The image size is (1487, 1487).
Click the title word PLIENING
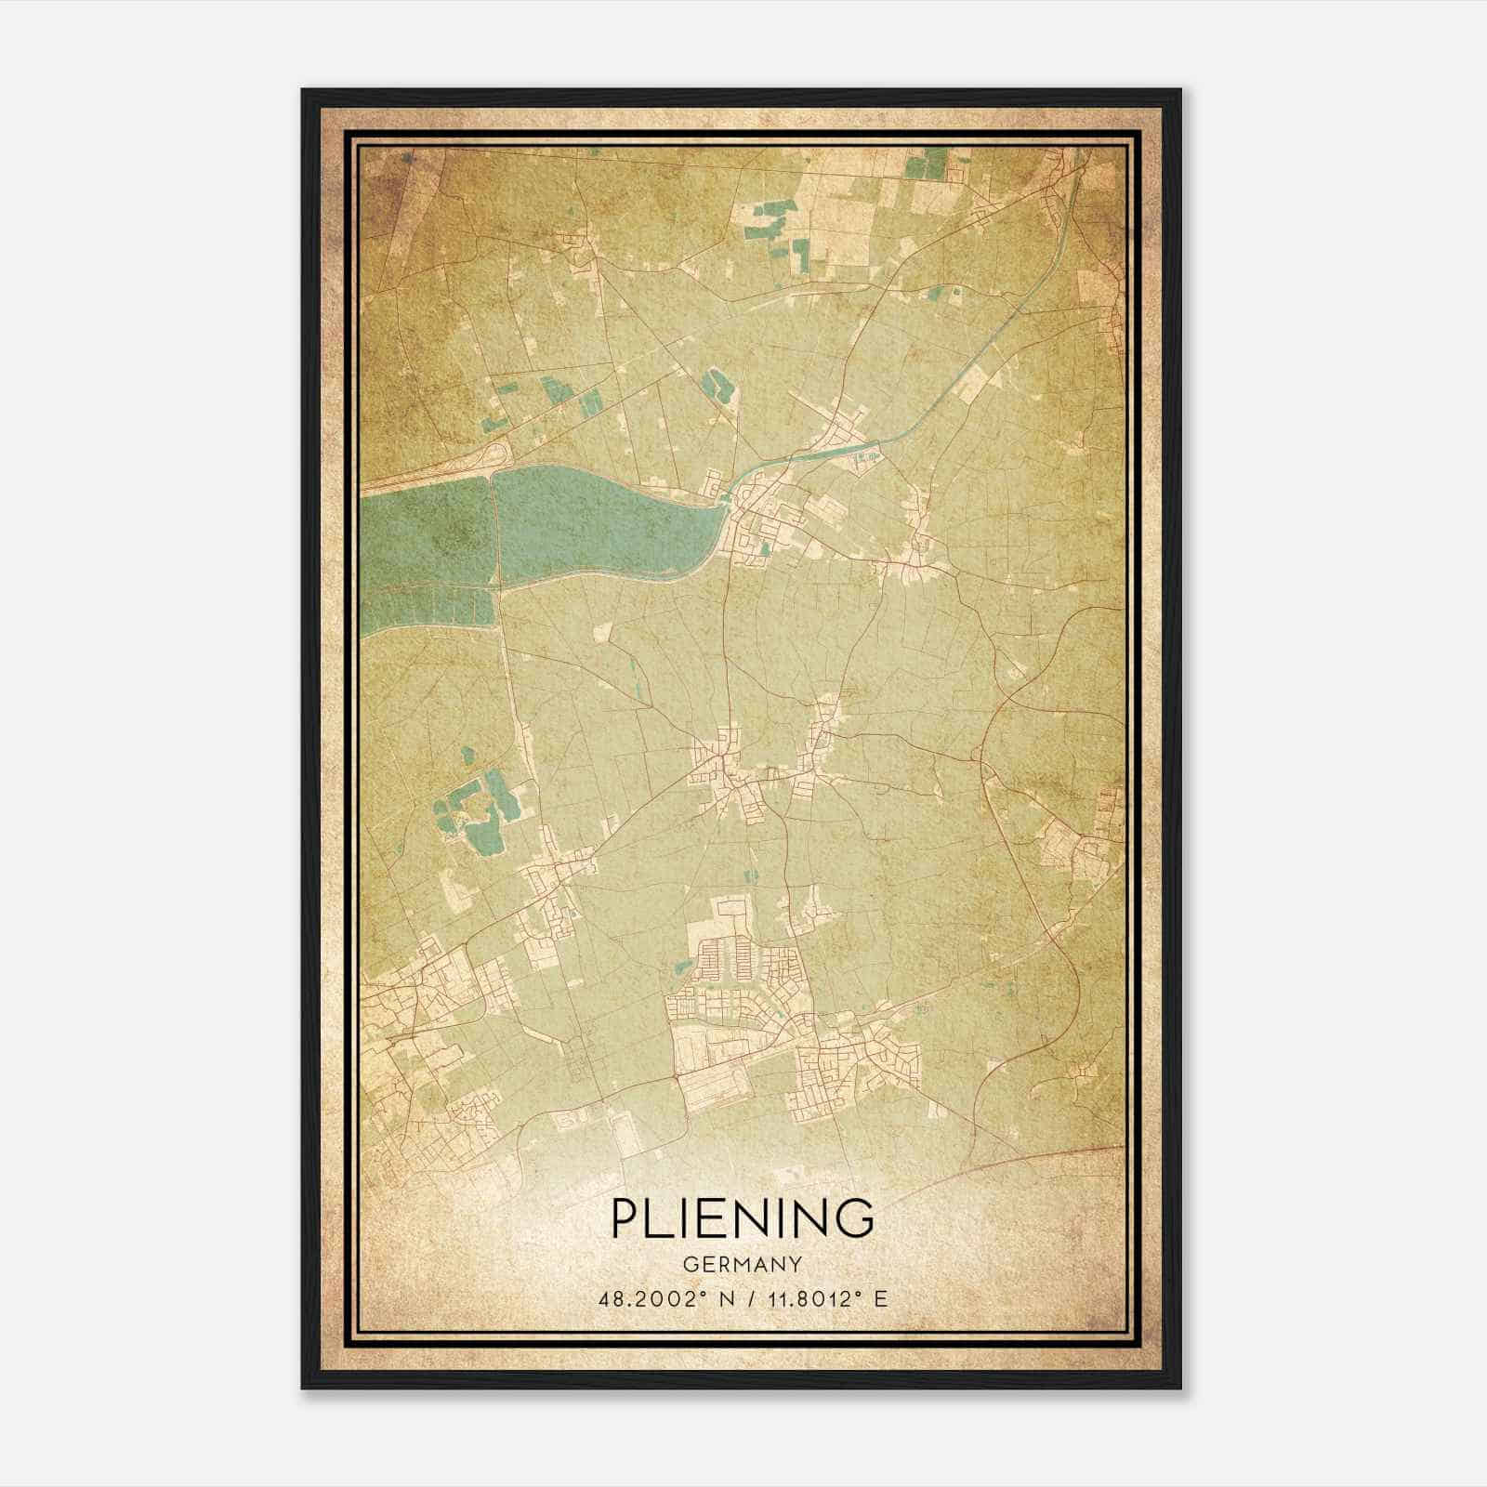[x=743, y=1218]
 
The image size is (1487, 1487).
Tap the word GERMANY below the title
[x=743, y=1264]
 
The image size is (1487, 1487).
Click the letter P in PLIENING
[x=625, y=1218]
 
